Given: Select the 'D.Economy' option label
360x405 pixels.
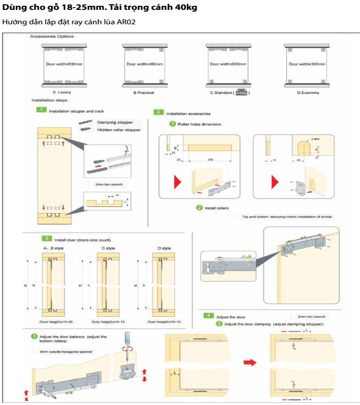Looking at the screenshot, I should point(308,93).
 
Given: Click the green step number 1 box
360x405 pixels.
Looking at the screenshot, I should point(41,110).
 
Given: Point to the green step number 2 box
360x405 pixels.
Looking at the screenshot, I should point(158,112).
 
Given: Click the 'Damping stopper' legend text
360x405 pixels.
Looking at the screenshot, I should point(115,122).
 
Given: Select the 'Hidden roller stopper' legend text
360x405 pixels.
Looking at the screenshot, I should point(119,130).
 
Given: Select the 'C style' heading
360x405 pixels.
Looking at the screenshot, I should point(108,248).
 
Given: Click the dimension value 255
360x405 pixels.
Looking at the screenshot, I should point(211,159).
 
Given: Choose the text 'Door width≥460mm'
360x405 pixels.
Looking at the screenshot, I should point(145,64).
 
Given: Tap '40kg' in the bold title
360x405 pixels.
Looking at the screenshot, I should point(186,8).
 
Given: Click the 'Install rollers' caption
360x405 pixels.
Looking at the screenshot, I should point(217,208).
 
